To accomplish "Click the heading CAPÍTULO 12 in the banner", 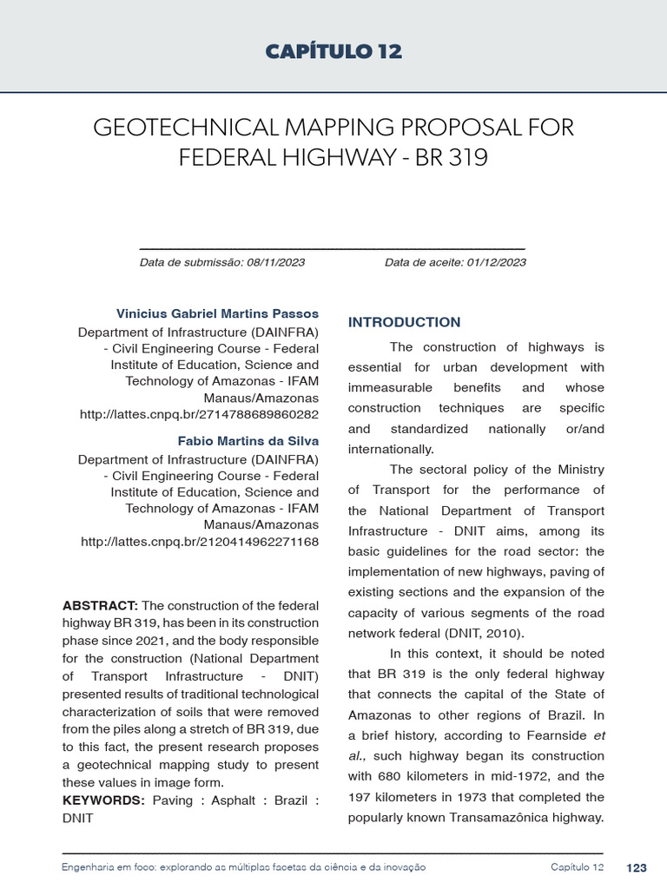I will [x=333, y=52].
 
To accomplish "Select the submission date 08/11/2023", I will [x=276, y=262].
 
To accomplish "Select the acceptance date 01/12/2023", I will [x=497, y=262].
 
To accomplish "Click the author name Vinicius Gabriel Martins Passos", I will [x=217, y=313].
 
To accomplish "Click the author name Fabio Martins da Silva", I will [x=248, y=441].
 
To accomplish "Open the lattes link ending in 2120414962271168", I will [x=200, y=542].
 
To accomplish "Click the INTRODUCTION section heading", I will [x=404, y=323].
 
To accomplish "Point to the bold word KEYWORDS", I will [x=103, y=800].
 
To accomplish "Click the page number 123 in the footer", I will [x=636, y=868].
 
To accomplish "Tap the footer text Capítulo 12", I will [x=577, y=868].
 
